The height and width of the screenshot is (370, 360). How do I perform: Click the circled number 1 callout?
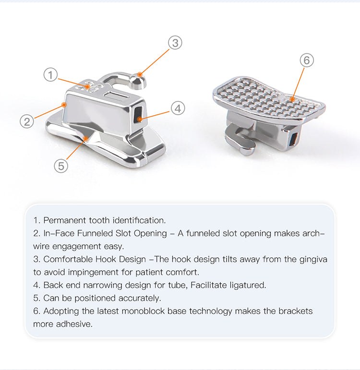[x=50, y=74]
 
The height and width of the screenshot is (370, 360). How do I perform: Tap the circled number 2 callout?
[x=27, y=121]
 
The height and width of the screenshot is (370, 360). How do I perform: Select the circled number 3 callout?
[x=175, y=43]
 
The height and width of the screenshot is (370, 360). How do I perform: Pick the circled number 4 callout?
[x=178, y=108]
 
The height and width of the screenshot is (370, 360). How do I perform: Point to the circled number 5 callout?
[x=61, y=166]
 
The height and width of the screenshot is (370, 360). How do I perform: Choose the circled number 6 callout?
[x=307, y=60]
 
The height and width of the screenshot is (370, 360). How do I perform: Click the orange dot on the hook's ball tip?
[x=140, y=75]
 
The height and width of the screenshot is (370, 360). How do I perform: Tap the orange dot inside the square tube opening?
[x=140, y=119]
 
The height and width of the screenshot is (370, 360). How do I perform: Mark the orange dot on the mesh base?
[x=292, y=100]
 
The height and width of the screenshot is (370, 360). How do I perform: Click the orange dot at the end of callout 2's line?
[x=63, y=105]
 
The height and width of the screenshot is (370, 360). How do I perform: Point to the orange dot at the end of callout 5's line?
[x=86, y=139]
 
